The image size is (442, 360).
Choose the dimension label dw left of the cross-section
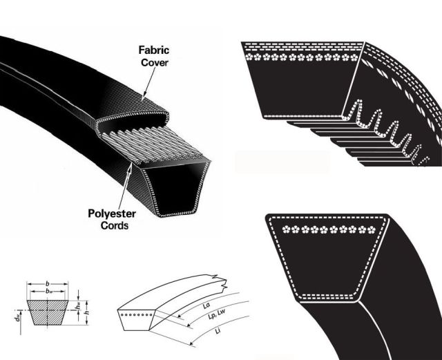point(17,319)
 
